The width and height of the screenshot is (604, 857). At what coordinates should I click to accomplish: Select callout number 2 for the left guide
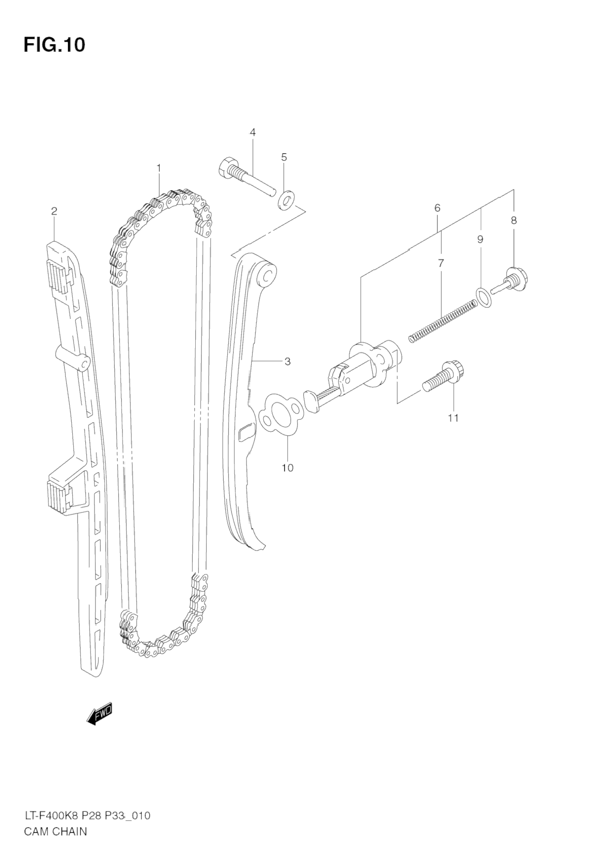54,210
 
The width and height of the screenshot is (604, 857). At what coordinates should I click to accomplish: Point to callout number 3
287,361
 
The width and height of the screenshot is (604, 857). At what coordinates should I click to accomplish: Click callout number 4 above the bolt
252,132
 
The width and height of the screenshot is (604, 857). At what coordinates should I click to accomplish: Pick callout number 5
284,157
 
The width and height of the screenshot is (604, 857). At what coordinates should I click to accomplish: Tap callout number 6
437,208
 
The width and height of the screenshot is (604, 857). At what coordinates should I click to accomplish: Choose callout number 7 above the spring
441,263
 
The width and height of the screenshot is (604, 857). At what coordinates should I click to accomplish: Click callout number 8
513,220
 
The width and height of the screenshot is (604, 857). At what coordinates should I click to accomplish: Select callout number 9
480,239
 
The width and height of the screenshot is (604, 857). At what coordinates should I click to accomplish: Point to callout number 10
287,468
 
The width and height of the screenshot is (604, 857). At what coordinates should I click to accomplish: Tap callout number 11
453,417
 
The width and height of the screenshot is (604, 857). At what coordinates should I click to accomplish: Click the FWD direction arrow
100,714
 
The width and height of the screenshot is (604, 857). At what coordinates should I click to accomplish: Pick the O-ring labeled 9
483,298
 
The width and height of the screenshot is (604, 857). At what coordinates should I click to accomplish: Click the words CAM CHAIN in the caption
56,831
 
